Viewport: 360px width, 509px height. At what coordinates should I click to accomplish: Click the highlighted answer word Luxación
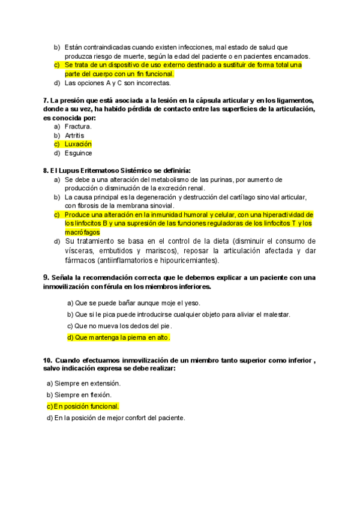pos(78,144)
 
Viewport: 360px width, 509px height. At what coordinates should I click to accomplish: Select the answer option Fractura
pos(78,127)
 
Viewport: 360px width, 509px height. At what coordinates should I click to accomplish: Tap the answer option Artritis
pos(74,136)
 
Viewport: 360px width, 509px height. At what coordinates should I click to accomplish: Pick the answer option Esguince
pos(77,152)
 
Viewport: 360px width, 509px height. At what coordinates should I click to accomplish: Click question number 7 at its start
pos(46,100)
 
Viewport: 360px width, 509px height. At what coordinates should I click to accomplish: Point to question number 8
pos(46,170)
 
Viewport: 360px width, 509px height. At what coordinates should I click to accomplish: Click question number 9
pos(46,277)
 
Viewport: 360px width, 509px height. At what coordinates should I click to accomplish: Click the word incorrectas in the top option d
pos(153,83)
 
